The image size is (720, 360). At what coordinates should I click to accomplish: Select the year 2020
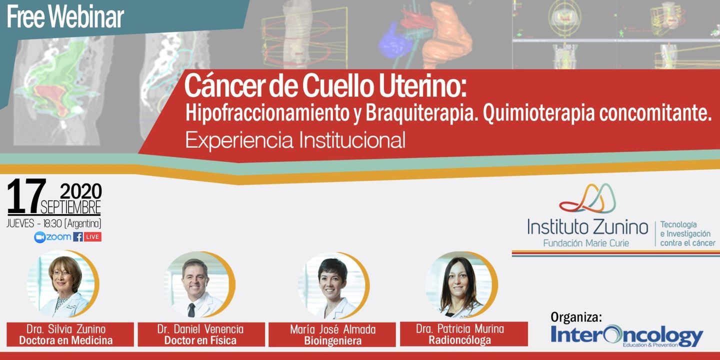click(x=80, y=191)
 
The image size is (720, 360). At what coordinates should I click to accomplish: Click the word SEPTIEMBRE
click(x=70, y=207)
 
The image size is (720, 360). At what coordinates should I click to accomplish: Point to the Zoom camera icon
click(x=39, y=237)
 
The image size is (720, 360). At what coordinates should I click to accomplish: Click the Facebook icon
click(x=78, y=237)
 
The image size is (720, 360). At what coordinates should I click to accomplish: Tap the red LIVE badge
click(x=92, y=237)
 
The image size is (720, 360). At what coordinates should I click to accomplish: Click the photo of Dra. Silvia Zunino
click(x=62, y=284)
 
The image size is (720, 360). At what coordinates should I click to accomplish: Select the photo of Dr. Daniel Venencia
click(x=199, y=285)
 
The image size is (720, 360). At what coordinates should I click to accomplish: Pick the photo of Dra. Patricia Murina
click(x=461, y=284)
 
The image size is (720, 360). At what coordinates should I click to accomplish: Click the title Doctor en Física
click(x=200, y=340)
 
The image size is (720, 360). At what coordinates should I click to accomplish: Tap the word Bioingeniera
click(x=332, y=340)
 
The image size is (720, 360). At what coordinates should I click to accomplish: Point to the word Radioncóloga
click(x=459, y=340)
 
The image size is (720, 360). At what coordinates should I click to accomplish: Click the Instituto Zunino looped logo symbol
click(x=587, y=198)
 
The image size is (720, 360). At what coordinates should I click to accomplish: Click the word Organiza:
click(x=576, y=317)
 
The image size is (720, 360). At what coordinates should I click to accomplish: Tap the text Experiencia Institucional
click(x=295, y=140)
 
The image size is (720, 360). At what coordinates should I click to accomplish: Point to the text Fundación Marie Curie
click(x=586, y=243)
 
